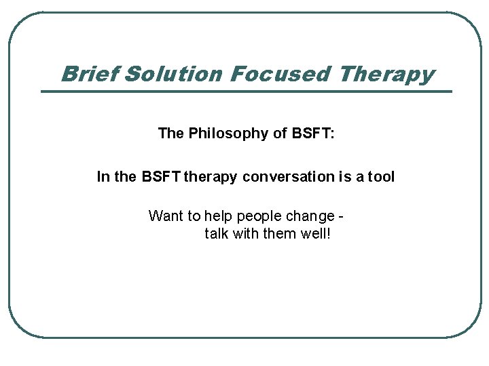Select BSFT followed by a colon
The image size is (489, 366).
[313, 134]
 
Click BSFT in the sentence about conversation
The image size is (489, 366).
[161, 177]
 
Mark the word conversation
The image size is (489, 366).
[288, 177]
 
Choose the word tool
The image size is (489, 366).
[381, 177]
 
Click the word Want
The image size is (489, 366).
[166, 216]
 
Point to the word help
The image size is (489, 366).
[217, 216]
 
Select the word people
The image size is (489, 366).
[259, 217]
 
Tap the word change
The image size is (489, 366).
[310, 217]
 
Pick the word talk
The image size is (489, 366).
[217, 234]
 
